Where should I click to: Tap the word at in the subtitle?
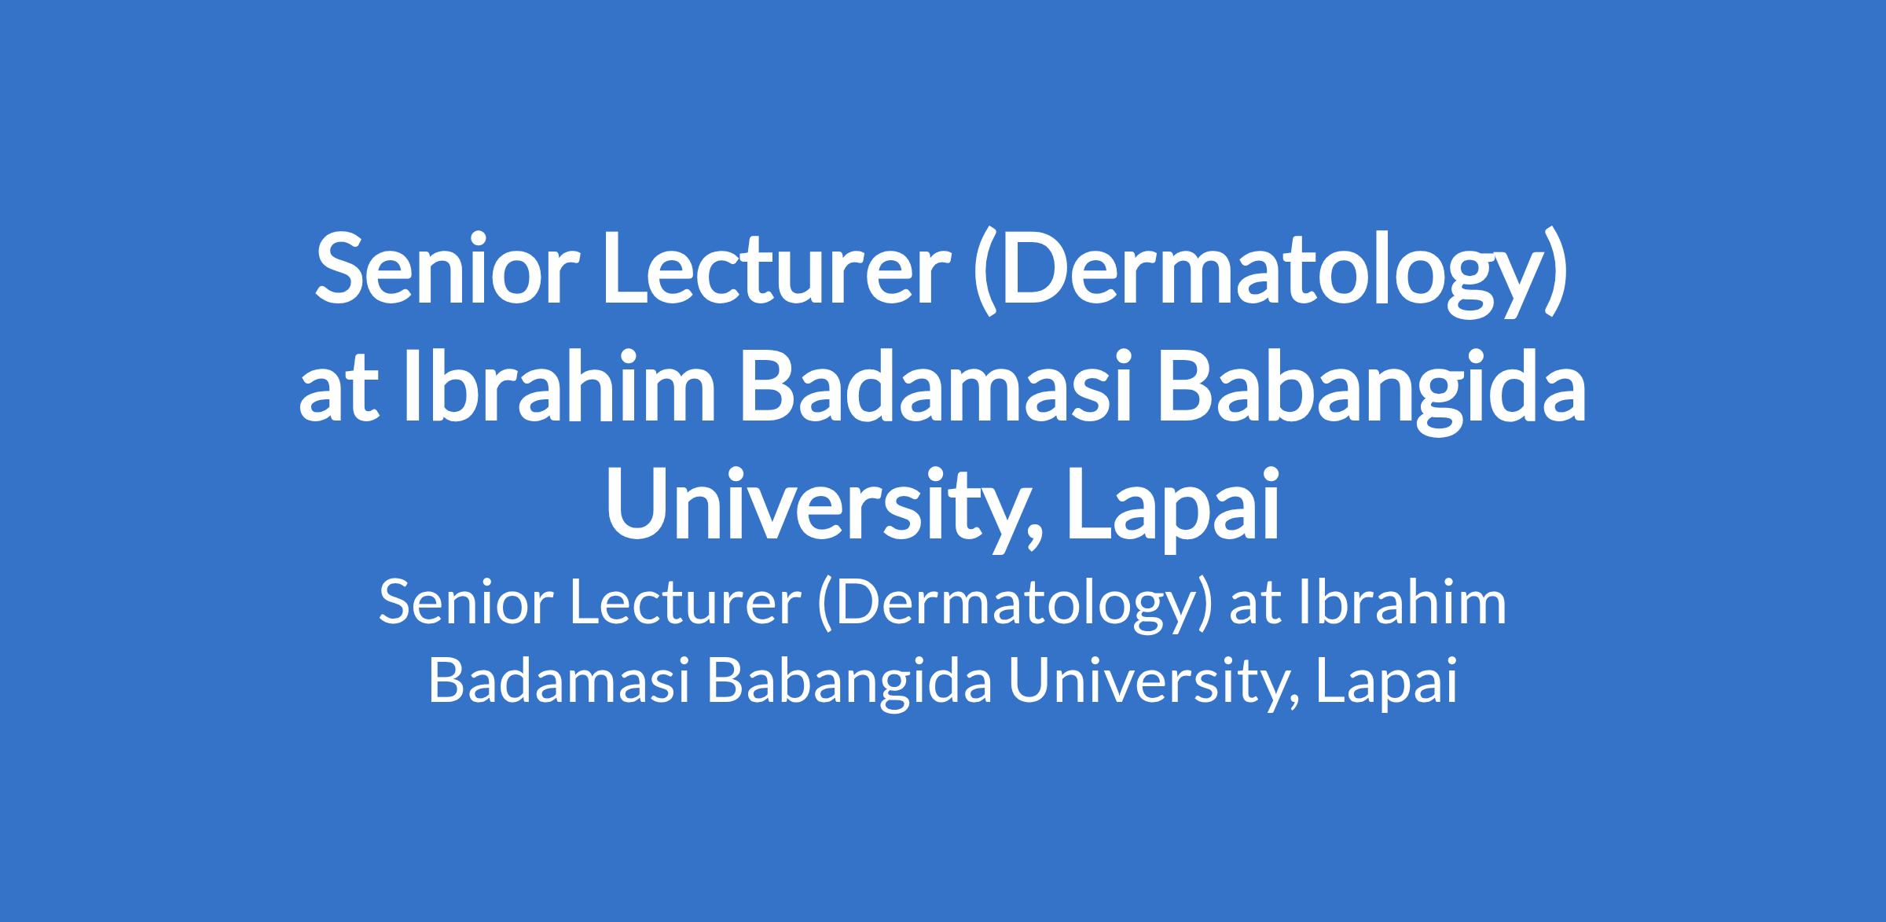click(1253, 606)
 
